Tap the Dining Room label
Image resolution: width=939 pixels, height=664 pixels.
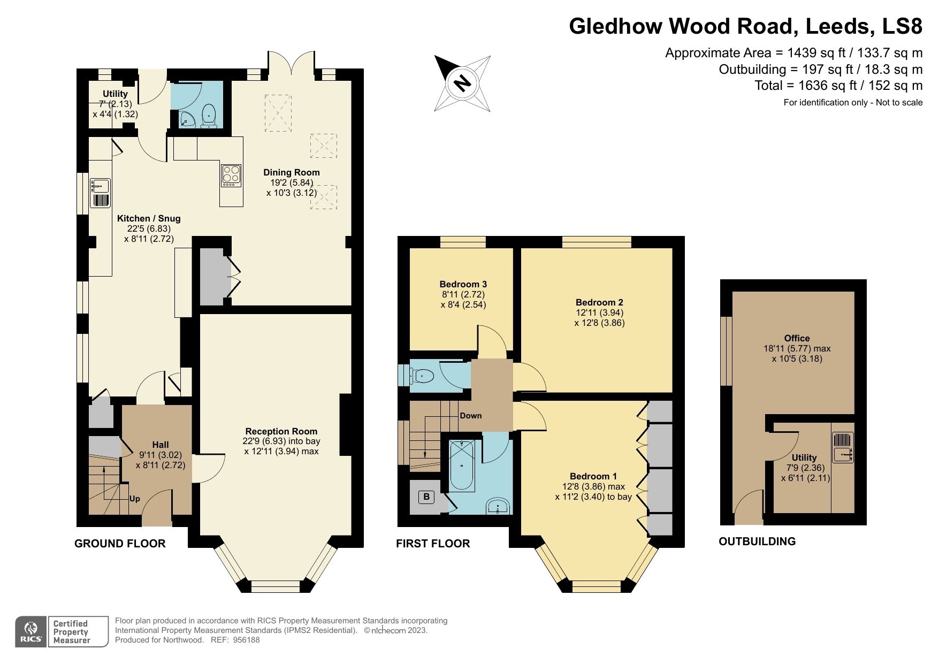click(291, 172)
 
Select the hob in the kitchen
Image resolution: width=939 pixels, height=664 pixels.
click(231, 175)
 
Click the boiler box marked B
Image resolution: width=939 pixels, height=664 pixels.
click(426, 497)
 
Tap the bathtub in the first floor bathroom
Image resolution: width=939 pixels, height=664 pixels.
click(461, 465)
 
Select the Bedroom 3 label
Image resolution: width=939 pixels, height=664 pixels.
click(463, 284)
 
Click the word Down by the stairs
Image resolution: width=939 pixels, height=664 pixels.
click(470, 415)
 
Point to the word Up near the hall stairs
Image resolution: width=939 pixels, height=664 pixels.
click(134, 499)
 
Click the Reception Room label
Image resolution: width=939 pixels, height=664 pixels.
click(281, 431)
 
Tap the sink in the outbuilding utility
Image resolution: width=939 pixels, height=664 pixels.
click(842, 447)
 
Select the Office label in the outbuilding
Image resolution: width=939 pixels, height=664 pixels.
click(796, 338)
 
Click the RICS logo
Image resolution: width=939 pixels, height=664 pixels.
click(31, 631)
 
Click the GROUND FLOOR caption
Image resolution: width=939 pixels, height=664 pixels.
click(120, 544)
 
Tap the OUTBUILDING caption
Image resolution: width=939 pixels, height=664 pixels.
click(757, 541)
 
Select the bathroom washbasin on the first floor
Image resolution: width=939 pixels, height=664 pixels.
click(499, 506)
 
